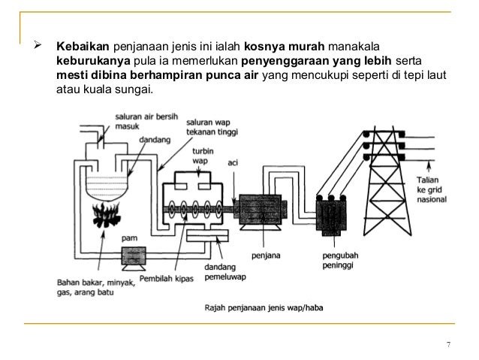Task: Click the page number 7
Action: pos(448,346)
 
